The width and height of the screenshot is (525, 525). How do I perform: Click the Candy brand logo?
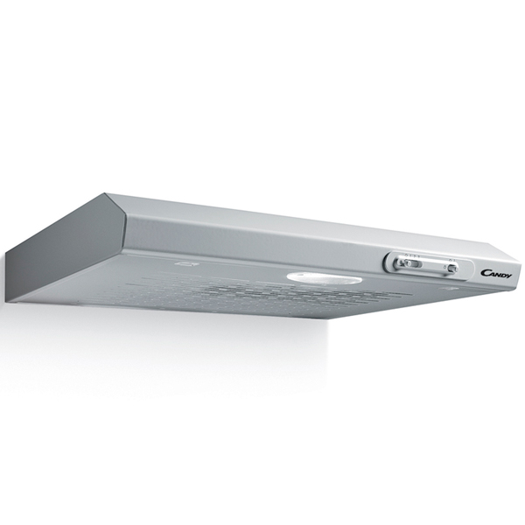[x=496, y=274]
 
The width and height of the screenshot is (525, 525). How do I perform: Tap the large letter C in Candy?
[x=485, y=273]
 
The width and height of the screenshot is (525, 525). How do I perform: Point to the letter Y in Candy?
[x=508, y=276]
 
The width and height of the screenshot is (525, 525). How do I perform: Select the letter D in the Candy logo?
[x=502, y=275]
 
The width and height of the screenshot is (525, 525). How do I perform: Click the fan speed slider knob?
[x=408, y=263]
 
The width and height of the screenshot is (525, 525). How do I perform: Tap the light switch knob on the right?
[x=451, y=268]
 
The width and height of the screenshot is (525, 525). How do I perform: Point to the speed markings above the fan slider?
[x=411, y=255]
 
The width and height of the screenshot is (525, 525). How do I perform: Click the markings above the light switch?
[x=451, y=260]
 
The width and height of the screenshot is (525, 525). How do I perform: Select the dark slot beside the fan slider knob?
[x=416, y=264]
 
